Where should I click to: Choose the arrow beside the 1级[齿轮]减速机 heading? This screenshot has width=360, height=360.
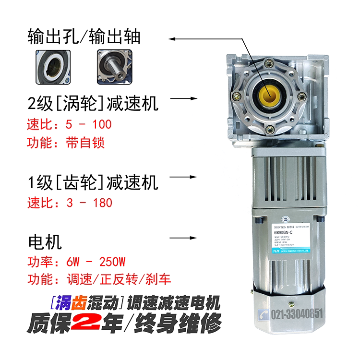(184, 177)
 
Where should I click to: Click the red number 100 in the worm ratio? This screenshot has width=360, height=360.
(102, 125)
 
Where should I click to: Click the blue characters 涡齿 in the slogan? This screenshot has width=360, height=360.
(67, 303)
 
